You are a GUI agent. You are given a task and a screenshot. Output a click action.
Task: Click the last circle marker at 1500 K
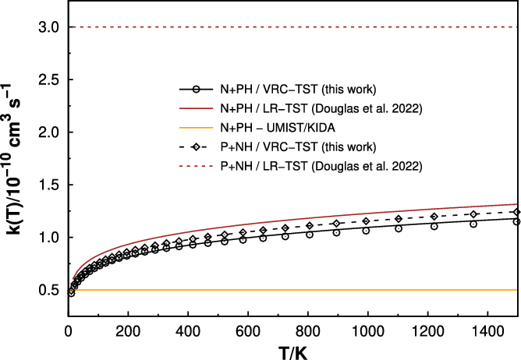click(516, 221)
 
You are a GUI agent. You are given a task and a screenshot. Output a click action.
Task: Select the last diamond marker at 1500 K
click(516, 212)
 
